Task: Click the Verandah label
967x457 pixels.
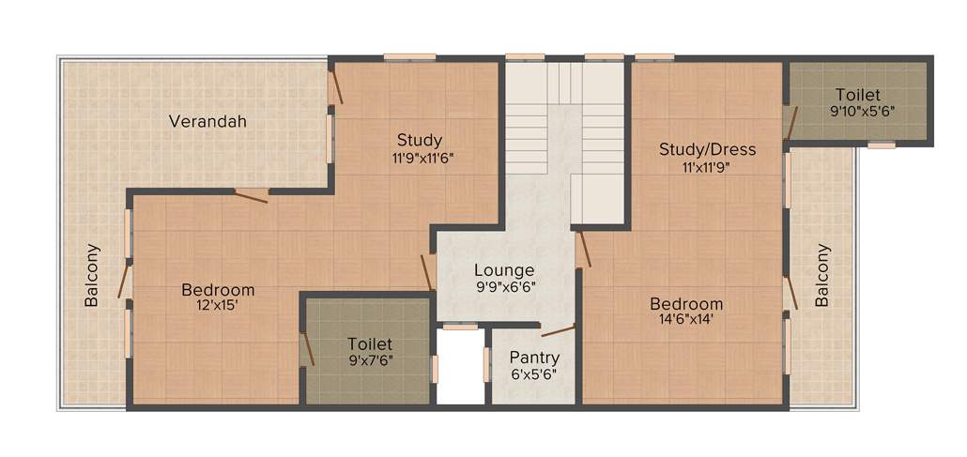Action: [x=207, y=121]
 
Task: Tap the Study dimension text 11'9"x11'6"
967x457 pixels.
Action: [x=419, y=158]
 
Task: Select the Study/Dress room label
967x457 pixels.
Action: [x=707, y=149]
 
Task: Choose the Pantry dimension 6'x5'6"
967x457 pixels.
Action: [x=533, y=374]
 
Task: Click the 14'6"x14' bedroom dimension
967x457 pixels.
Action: [x=686, y=320]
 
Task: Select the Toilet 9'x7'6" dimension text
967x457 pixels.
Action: [x=369, y=361]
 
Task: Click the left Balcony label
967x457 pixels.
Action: [x=92, y=276]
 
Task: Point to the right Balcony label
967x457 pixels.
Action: [x=822, y=276]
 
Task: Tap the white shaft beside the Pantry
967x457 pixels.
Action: [x=461, y=368]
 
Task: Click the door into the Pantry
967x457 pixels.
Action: [x=558, y=330]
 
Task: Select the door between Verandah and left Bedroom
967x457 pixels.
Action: [x=252, y=196]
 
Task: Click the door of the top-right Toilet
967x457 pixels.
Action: [x=791, y=122]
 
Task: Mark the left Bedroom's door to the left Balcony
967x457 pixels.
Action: [x=124, y=282]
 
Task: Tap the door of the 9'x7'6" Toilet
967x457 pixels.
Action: [x=304, y=349]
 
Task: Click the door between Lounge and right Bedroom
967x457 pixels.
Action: [x=583, y=250]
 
